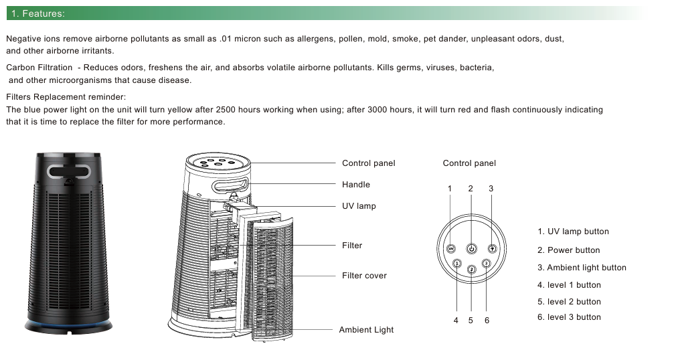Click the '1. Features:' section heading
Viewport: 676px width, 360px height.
[x=38, y=13]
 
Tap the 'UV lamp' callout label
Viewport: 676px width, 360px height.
[x=359, y=206]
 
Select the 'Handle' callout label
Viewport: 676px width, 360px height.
[x=355, y=185]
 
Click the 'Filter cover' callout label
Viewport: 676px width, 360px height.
[x=364, y=276]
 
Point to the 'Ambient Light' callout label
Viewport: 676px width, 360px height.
[x=366, y=330]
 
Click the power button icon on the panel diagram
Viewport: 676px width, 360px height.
[x=471, y=248]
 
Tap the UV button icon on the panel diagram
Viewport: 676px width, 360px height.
[x=450, y=248]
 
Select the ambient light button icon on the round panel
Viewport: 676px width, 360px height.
[x=492, y=248]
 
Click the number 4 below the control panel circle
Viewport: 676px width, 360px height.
[x=456, y=321]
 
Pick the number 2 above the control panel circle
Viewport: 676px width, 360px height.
[x=471, y=189]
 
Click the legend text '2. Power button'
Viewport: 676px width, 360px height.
[x=568, y=250]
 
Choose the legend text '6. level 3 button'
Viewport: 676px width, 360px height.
[x=569, y=317]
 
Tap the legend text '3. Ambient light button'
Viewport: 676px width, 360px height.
[x=582, y=268]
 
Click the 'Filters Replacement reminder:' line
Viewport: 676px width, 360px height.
[x=66, y=97]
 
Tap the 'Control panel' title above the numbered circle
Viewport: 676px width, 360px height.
[x=469, y=163]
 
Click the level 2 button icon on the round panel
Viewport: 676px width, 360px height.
[x=471, y=269]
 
